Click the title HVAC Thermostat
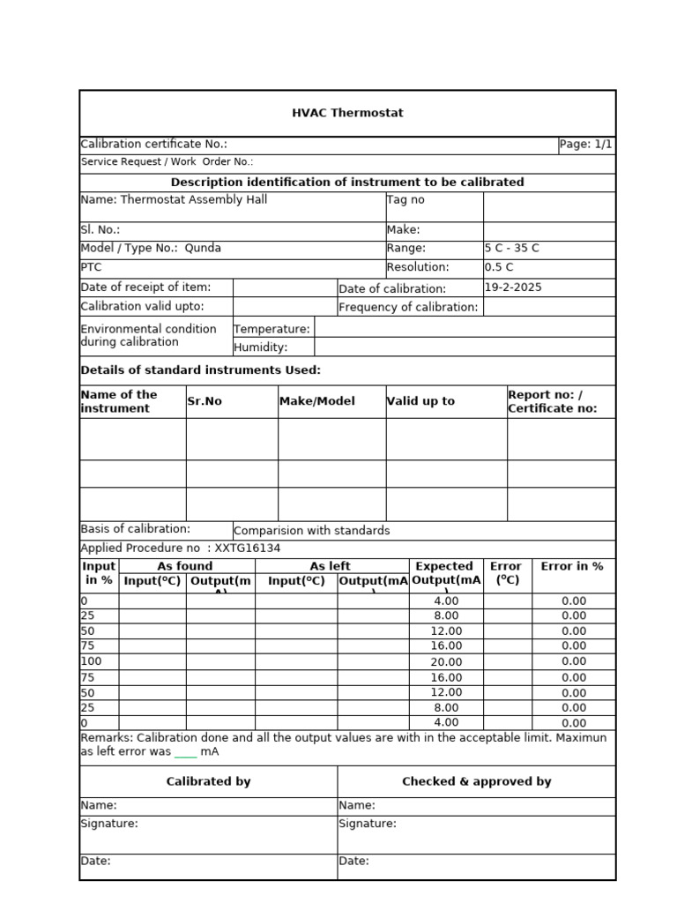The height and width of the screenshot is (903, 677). point(347,113)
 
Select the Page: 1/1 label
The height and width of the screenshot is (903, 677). point(586,145)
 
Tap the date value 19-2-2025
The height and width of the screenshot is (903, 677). point(513,287)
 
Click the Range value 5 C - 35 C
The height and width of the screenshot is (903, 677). point(513,249)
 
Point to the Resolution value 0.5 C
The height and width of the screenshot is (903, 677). point(499,267)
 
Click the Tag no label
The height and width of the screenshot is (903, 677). point(405,200)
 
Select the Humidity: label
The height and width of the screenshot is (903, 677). point(261,347)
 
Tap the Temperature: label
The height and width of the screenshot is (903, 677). point(272,329)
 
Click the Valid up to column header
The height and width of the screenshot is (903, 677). point(420,401)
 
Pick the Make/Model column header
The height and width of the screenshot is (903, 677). point(316,401)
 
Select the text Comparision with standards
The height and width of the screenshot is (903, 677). point(312,531)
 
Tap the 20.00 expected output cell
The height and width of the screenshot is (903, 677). point(446,661)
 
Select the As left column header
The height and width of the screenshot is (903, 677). point(331,566)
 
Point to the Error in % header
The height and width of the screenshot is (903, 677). point(572,566)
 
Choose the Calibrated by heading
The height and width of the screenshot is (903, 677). point(208,781)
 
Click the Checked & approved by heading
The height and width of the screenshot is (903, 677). point(476,781)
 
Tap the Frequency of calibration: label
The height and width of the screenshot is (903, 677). point(408,307)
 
